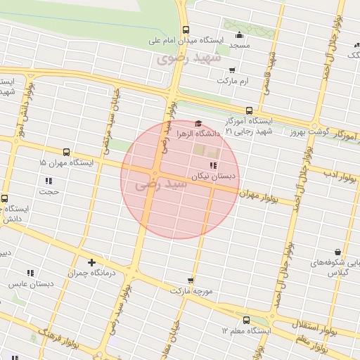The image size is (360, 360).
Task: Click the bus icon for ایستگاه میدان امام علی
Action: (x=186, y=30)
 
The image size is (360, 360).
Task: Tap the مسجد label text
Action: (x=240, y=45)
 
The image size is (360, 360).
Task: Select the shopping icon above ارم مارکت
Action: (x=232, y=70)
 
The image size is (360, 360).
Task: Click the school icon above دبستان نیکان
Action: (x=213, y=165)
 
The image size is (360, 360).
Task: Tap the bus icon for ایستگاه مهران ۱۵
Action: (x=67, y=152)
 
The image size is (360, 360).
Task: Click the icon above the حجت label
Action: (x=49, y=181)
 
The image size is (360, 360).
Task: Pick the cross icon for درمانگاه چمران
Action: (x=91, y=262)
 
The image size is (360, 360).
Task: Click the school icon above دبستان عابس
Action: (x=30, y=273)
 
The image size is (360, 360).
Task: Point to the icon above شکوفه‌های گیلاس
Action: (x=338, y=252)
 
